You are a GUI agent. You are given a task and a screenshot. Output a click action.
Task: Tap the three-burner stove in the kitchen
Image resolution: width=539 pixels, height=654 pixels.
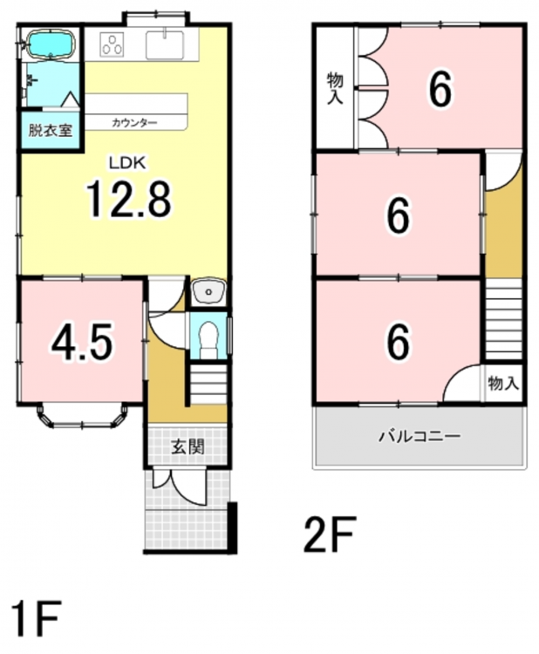pyautogui.click(x=113, y=45)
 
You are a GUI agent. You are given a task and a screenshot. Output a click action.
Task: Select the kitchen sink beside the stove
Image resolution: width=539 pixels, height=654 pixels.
pyautogui.click(x=164, y=45)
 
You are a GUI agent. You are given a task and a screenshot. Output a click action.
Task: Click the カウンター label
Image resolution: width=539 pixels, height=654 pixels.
pyautogui.click(x=134, y=123)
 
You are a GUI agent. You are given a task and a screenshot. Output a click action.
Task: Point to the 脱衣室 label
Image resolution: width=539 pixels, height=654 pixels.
pyautogui.click(x=51, y=131)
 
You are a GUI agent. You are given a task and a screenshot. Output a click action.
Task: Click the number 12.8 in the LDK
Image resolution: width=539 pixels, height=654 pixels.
pyautogui.click(x=128, y=200)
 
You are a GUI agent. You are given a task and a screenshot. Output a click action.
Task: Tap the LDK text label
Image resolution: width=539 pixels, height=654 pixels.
pyautogui.click(x=126, y=163)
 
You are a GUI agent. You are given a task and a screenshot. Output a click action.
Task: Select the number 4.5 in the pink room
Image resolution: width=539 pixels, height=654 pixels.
pyautogui.click(x=82, y=343)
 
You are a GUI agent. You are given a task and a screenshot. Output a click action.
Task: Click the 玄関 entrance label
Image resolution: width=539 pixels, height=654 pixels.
pyautogui.click(x=188, y=447)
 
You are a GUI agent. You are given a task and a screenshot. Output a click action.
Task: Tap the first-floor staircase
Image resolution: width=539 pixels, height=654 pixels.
pyautogui.click(x=208, y=385)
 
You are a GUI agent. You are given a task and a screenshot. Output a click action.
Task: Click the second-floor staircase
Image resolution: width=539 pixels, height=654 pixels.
pyautogui.click(x=503, y=319)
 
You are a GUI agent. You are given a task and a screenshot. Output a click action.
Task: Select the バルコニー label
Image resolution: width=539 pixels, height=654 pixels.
pyautogui.click(x=420, y=436)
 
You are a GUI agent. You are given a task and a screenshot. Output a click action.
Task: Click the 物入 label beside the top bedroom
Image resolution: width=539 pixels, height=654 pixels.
pyautogui.click(x=335, y=87)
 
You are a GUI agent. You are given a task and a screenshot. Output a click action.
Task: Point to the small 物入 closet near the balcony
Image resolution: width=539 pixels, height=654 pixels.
pyautogui.click(x=503, y=383)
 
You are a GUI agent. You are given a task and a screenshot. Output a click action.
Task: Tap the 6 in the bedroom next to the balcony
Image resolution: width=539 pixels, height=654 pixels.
pyautogui.click(x=399, y=342)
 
